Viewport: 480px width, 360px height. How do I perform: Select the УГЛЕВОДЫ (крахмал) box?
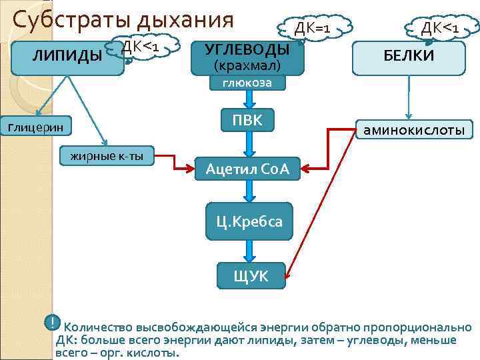pyautogui.click(x=247, y=57)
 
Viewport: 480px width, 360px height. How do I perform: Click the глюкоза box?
pyautogui.click(x=249, y=83)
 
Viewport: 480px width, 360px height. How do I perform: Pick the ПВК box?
pyautogui.click(x=247, y=121)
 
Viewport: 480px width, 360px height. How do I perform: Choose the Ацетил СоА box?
pyautogui.click(x=247, y=169)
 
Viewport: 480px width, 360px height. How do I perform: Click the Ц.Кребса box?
pyautogui.click(x=249, y=221)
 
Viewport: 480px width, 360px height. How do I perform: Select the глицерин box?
pyautogui.click(x=36, y=127)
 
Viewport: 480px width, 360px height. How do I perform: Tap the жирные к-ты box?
pyautogui.click(x=107, y=157)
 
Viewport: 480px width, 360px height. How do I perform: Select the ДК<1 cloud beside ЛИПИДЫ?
pyautogui.click(x=143, y=46)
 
